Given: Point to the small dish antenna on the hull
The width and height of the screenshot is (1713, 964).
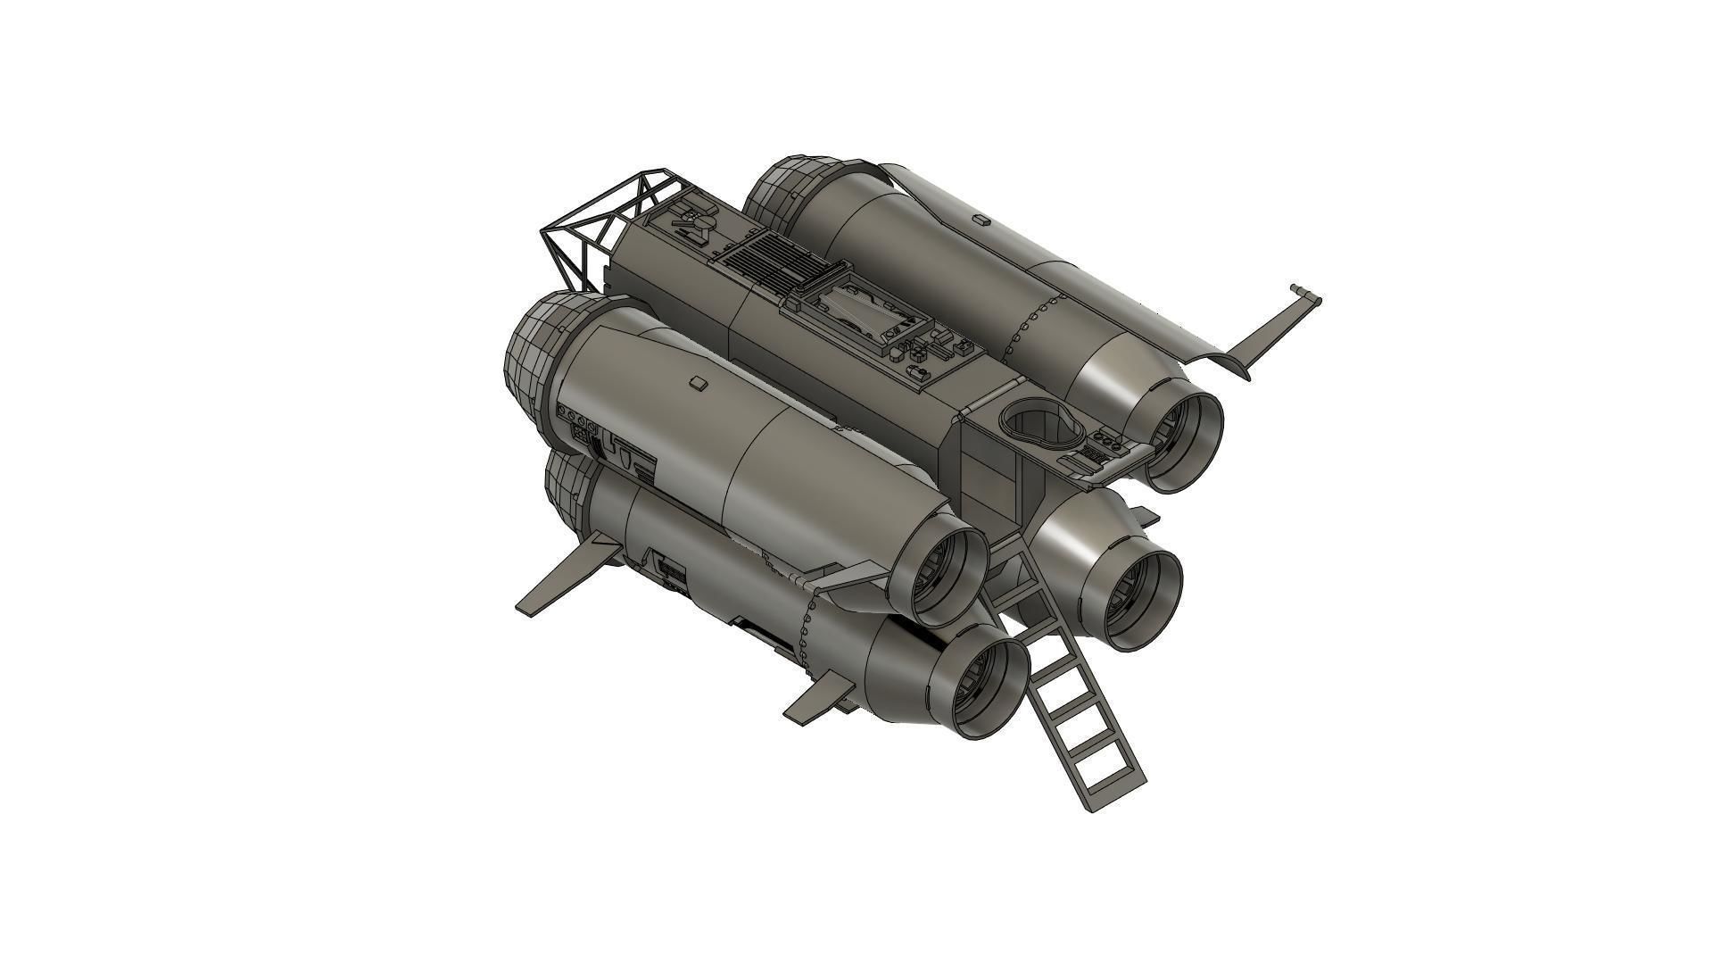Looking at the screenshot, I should (x=699, y=220).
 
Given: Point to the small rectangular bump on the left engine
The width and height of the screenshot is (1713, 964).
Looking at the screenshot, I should (x=699, y=383).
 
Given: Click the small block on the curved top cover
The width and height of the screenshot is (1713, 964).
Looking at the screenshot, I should (x=981, y=218).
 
